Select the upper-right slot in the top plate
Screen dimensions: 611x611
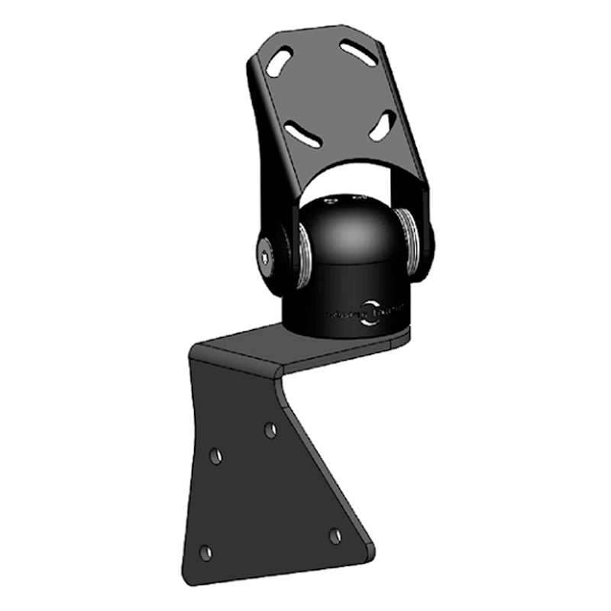tap(358, 53)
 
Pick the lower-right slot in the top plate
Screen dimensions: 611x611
tap(383, 125)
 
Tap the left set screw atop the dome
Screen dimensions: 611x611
tap(329, 203)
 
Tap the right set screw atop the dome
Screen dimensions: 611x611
tap(356, 199)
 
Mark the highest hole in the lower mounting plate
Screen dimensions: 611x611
tap(270, 430)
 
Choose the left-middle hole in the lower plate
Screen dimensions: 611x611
tap(216, 456)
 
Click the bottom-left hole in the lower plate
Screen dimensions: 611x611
tap(205, 551)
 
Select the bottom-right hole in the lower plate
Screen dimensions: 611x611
tap(335, 535)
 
